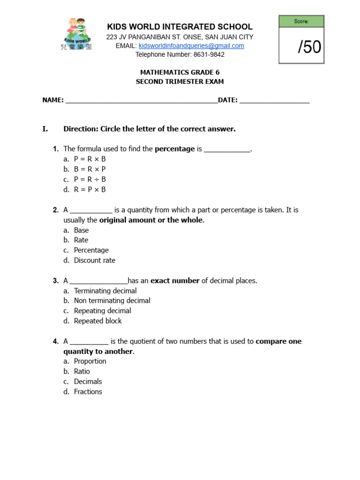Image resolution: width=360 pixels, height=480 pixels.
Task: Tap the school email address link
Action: pos(191,46)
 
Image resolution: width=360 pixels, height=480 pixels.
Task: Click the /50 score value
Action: pos(309,47)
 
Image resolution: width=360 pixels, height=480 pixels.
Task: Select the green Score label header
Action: pos(301,22)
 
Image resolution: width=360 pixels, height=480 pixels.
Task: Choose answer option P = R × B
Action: pos(90,159)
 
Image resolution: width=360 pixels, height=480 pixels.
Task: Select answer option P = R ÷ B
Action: pos(90,180)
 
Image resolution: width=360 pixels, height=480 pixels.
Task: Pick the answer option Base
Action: pos(81,230)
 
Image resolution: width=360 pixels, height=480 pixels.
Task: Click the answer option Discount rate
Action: pos(94,260)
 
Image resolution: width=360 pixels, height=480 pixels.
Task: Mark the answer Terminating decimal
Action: pos(105,291)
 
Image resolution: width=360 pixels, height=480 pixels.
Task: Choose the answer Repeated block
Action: pos(97,321)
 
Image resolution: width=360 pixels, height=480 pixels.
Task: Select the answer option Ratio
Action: pos(82,371)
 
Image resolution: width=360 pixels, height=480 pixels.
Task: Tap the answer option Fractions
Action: pos(88,392)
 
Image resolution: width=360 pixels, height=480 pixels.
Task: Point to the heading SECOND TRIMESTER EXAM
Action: pos(180,82)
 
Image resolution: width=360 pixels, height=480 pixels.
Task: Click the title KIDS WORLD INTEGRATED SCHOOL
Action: pos(180,27)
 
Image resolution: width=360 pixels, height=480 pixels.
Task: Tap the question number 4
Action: pos(56,341)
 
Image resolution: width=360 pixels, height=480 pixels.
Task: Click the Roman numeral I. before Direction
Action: pos(45,129)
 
